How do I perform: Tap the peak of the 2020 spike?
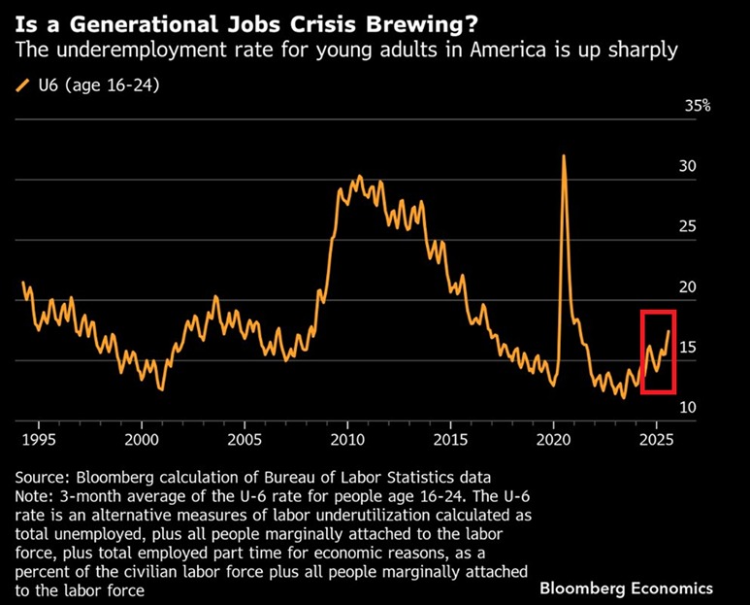[x=564, y=156]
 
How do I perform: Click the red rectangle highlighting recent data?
[x=657, y=352]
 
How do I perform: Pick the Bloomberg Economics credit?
[x=627, y=588]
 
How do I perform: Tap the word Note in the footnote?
[x=36, y=496]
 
